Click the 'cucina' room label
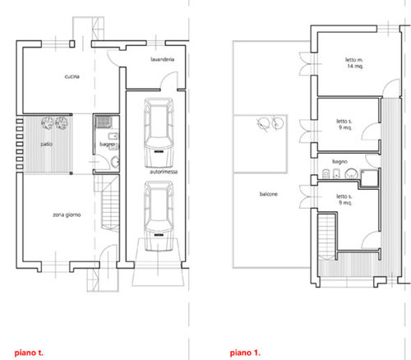(72, 76)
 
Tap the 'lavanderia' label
(163, 59)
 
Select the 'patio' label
(47, 144)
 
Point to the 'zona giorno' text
(67, 215)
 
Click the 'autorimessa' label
(164, 172)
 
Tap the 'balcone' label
(269, 194)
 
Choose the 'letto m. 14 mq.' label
(354, 62)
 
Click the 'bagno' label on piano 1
(339, 162)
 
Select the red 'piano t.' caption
(29, 353)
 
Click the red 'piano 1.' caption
(245, 353)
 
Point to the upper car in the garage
(159, 133)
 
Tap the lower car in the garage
(159, 216)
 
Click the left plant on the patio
(48, 123)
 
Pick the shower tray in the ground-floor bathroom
(104, 122)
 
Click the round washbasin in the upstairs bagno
(351, 174)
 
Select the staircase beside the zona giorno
(110, 203)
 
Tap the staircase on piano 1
(327, 236)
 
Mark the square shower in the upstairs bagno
(369, 178)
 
